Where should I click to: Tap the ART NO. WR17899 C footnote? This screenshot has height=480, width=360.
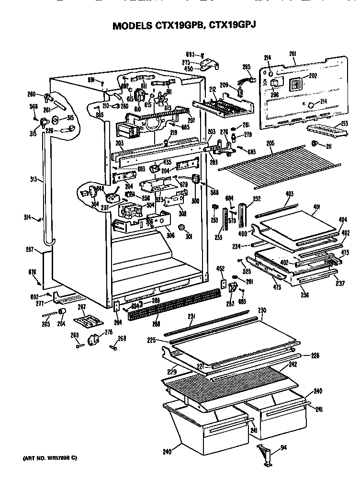coord(49,458)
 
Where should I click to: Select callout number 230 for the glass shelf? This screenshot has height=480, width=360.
coord(261,310)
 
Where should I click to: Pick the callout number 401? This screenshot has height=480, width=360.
coord(316,207)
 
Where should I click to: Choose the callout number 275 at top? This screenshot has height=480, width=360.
coord(186,62)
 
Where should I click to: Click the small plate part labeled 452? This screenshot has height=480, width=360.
coord(223,284)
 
